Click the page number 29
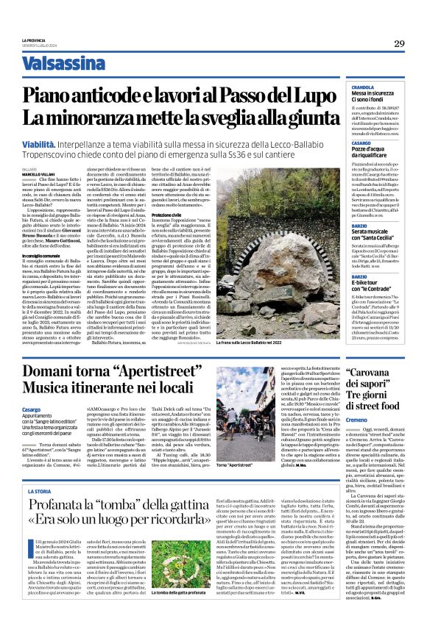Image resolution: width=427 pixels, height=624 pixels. [x=399, y=44]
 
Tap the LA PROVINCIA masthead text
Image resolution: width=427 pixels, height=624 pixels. [x=34, y=40]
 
